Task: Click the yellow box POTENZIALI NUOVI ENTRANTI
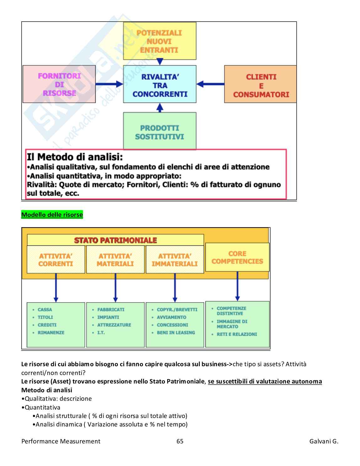tap(160, 41)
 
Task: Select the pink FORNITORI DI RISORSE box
tap(59, 84)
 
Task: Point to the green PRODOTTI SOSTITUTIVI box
tap(160, 131)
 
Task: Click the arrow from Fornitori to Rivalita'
tap(109, 84)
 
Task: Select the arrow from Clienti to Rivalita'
tap(210, 84)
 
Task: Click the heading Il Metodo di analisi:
tap(75, 157)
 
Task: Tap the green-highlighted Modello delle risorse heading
tap(52, 215)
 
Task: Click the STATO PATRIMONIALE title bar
tap(115, 240)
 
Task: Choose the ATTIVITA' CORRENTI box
tap(56, 260)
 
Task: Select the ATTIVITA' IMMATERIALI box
tap(175, 260)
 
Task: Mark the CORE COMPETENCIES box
tap(237, 257)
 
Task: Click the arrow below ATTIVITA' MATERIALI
tap(115, 287)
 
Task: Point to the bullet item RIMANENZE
tap(51, 333)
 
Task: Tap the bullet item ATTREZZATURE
tap(114, 325)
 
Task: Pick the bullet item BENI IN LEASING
tap(176, 333)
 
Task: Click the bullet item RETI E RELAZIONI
tap(236, 335)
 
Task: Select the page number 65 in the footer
tap(180, 441)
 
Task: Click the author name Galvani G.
tap(324, 441)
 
